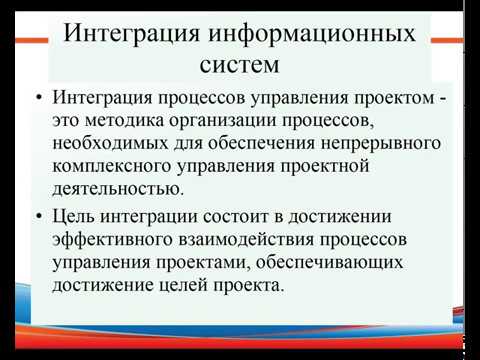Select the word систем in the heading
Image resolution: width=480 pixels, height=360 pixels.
click(x=239, y=67)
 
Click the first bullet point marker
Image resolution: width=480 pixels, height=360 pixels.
click(x=38, y=100)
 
